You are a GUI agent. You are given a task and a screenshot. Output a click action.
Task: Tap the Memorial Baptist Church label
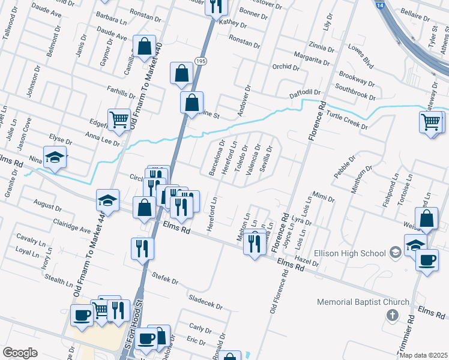pyautogui.click(x=363, y=302)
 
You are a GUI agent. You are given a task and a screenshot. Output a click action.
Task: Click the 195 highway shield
pyautogui.click(x=200, y=62)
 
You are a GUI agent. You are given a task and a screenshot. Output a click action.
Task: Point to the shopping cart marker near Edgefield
pyautogui.click(x=119, y=120)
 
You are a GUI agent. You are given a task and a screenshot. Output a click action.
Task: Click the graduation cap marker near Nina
pyautogui.click(x=55, y=157)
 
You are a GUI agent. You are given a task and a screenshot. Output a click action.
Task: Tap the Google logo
pyautogui.click(x=20, y=353)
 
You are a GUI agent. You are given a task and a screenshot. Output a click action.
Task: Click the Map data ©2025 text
pyautogui.click(x=424, y=355)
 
